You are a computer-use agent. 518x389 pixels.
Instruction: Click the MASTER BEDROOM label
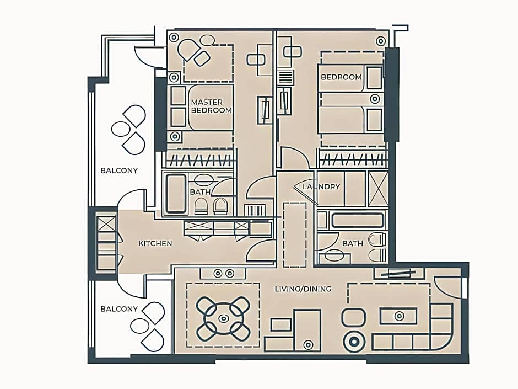[212, 106]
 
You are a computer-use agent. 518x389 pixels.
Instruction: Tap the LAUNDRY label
[321, 187]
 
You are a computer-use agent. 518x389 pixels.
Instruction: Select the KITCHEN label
[155, 243]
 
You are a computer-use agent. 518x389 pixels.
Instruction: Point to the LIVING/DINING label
[303, 289]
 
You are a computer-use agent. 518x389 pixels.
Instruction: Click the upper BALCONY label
[119, 170]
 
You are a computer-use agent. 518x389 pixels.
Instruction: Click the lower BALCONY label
[119, 309]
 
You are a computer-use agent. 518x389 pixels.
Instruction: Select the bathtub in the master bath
[176, 193]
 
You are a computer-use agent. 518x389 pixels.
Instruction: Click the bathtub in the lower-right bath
[358, 221]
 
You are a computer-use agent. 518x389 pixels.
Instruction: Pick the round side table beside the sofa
[354, 342]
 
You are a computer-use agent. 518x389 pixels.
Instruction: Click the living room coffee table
[400, 316]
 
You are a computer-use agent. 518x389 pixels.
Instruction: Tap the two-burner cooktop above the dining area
[223, 274]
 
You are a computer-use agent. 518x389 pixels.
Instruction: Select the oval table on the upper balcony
[121, 129]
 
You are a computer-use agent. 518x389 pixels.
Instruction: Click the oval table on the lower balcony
[140, 326]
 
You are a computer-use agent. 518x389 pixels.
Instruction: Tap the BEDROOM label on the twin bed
[341, 77]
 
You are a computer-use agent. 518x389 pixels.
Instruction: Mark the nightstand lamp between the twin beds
[375, 99]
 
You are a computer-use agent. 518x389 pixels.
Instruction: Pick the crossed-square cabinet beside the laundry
[378, 189]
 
